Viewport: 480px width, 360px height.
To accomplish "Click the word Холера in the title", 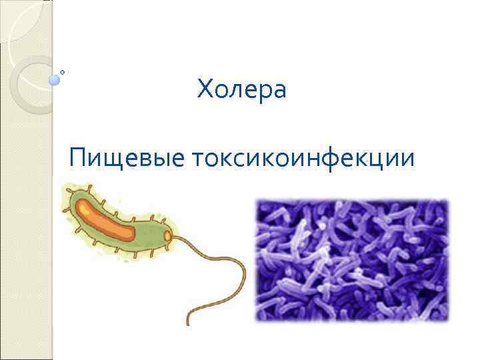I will [241, 89].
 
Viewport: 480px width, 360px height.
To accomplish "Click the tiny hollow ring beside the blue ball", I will [62, 72].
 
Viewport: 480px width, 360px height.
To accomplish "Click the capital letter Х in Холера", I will [204, 89].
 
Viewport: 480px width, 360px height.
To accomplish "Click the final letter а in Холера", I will [279, 91].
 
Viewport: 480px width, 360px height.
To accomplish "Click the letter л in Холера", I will [233, 91].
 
